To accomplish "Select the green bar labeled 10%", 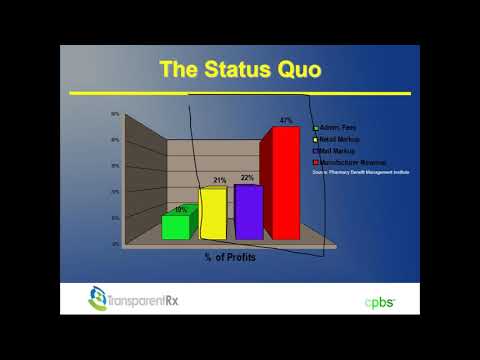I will (x=176, y=226).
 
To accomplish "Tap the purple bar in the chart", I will (x=248, y=212).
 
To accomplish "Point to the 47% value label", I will (x=286, y=121).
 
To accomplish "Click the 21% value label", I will (x=220, y=180).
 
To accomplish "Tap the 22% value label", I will (x=247, y=177).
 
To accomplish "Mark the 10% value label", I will (x=181, y=209).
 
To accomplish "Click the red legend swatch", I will (x=315, y=161).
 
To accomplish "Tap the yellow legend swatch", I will (x=315, y=139).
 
